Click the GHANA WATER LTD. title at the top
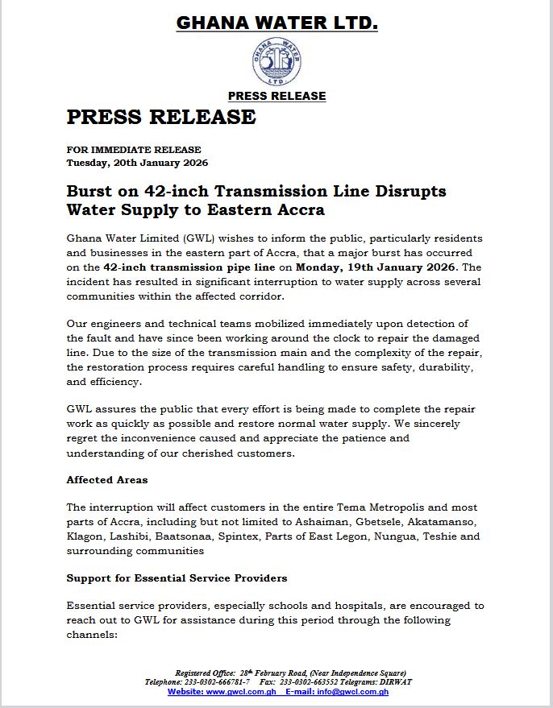coord(276,24)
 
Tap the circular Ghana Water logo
coord(276,62)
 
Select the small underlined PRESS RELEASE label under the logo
coord(276,96)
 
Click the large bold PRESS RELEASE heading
coord(161,118)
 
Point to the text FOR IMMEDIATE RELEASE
coord(134,150)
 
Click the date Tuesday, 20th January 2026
coord(137,162)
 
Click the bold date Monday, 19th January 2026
coord(376,267)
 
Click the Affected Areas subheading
coord(107,480)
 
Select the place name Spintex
coord(239,536)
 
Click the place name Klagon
coord(85,536)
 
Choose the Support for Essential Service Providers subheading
coord(177,578)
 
